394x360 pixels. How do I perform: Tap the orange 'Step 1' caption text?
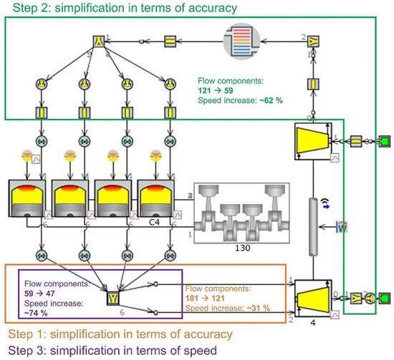pyautogui.click(x=118, y=334)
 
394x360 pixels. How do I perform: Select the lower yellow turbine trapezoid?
pyautogui.click(x=312, y=297)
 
